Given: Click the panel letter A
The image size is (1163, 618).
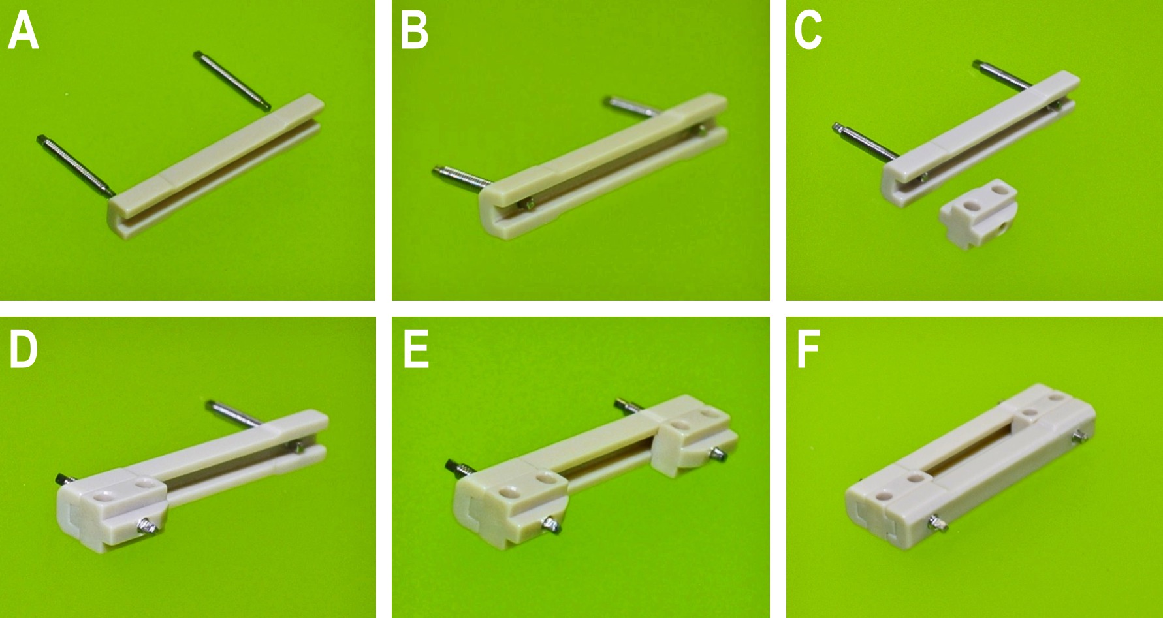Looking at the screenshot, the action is click(23, 32).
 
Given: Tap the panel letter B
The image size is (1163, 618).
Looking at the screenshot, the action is click(414, 32).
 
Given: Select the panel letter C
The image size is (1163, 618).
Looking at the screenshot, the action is click(808, 32).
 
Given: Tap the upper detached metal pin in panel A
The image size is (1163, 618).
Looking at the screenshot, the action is click(232, 80).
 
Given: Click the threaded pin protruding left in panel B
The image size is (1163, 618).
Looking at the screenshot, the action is click(462, 178).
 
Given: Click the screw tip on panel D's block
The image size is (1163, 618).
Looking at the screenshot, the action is click(148, 525).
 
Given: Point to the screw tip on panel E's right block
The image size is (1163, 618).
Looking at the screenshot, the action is click(718, 454).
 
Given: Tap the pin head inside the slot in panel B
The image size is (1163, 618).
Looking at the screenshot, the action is click(528, 206).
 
